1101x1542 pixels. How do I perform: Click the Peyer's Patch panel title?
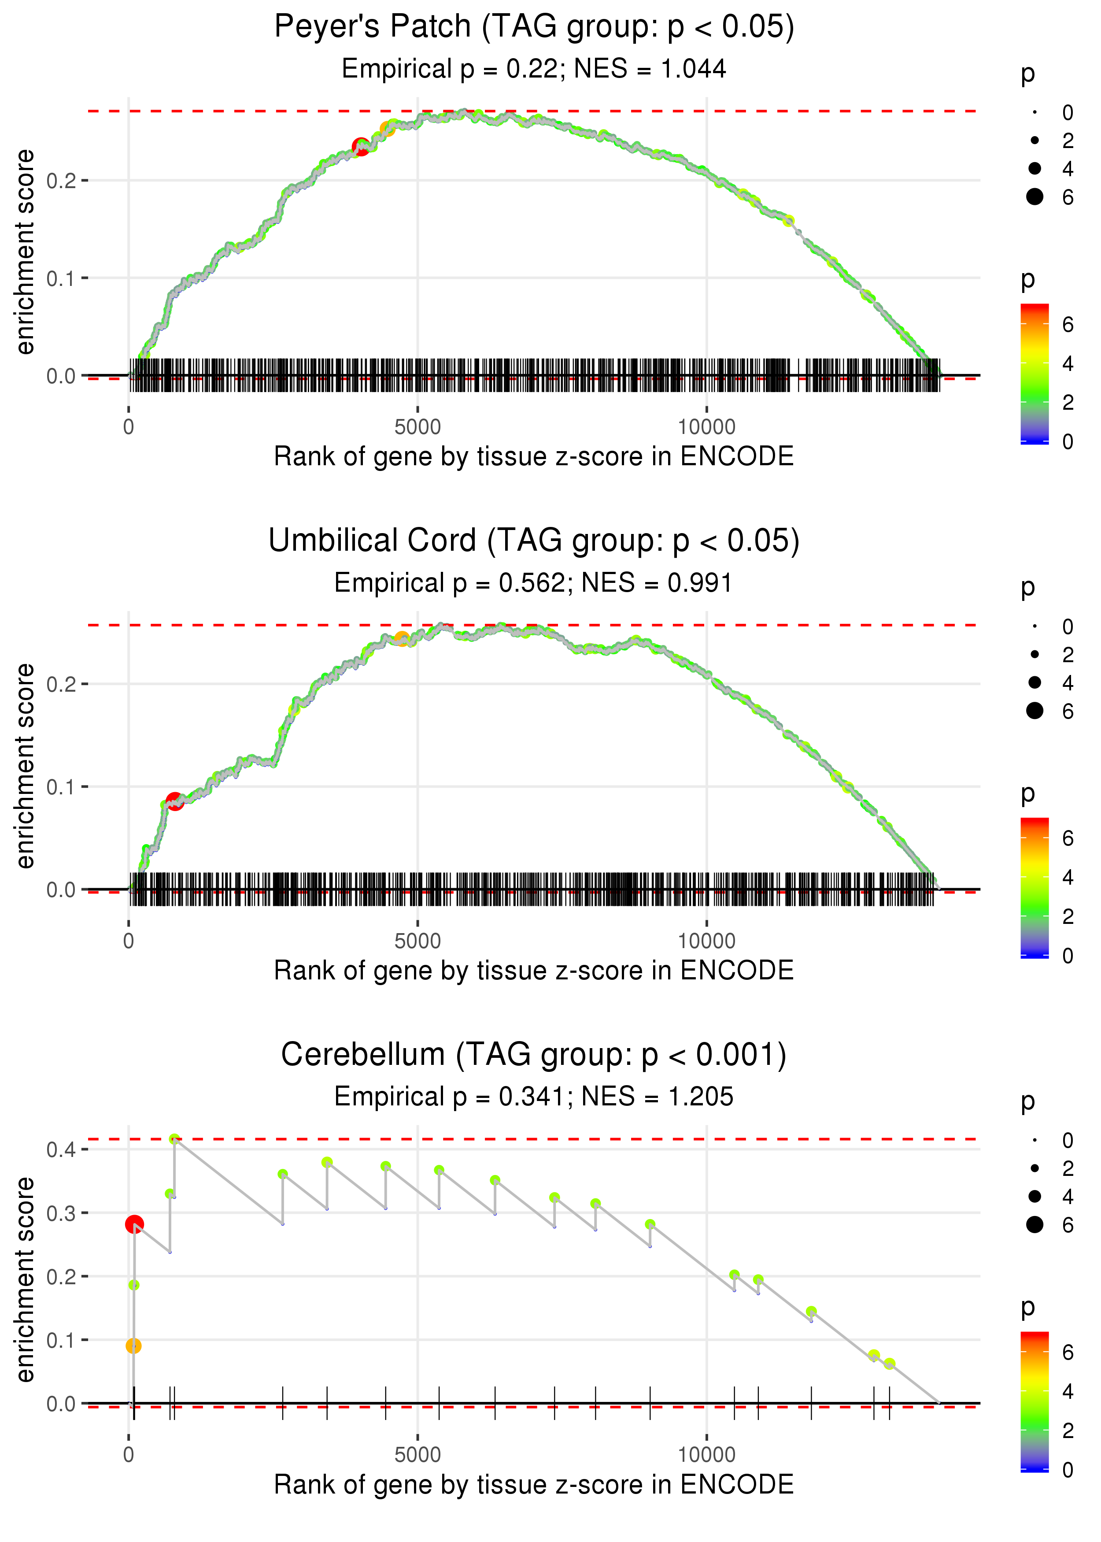[x=534, y=27]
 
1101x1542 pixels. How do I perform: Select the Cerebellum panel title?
[x=534, y=1055]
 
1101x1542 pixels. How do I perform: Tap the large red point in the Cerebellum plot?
[x=134, y=1224]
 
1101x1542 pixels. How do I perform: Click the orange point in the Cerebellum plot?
[x=133, y=1346]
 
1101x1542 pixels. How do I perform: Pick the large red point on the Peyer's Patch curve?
[x=361, y=146]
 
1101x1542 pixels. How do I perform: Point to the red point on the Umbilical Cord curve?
[x=174, y=801]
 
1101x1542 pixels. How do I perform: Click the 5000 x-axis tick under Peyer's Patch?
[x=417, y=427]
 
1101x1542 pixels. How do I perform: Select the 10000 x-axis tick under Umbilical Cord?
[x=706, y=941]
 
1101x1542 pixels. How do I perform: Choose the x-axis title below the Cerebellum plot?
[x=534, y=1484]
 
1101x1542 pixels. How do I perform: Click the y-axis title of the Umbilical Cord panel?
[x=25, y=766]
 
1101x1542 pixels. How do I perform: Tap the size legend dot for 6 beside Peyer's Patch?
[x=1034, y=196]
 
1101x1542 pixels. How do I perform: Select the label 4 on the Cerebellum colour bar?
[x=1068, y=1391]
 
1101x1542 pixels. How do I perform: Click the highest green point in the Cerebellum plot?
[x=174, y=1139]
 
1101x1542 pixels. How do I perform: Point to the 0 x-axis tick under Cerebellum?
[x=129, y=1455]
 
